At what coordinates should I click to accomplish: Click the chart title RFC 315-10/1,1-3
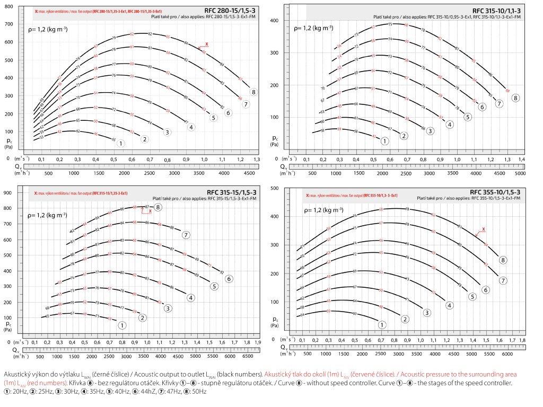tap(496, 11)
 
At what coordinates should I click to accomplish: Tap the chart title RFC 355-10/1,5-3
tap(496, 192)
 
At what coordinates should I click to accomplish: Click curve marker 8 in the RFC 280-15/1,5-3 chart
tap(254, 92)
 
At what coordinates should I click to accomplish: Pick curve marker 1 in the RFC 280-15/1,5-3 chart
tap(121, 143)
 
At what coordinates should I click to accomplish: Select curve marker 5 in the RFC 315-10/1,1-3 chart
tap(467, 117)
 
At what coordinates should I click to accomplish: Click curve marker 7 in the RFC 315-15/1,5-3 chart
tap(186, 235)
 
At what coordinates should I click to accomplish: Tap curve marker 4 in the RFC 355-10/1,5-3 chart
tap(449, 305)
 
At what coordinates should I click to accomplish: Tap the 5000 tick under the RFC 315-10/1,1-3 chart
tap(520, 173)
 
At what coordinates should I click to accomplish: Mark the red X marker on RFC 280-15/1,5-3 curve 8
tap(207, 44)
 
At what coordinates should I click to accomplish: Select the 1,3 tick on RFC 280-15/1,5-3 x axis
tap(257, 159)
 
